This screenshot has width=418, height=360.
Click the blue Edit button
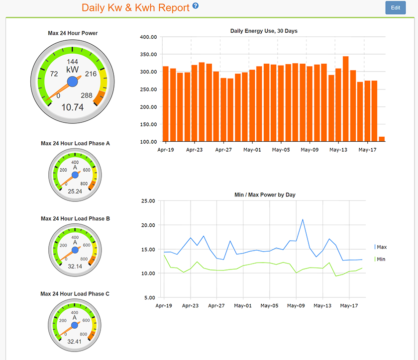point(395,8)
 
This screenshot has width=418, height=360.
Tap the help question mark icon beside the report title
point(196,6)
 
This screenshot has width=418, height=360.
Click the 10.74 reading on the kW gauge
point(72,107)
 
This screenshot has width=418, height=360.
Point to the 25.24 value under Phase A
point(75,191)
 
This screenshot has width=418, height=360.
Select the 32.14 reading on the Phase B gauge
point(75,267)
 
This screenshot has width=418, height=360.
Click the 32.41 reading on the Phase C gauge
point(75,342)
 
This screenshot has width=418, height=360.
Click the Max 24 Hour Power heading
point(73,33)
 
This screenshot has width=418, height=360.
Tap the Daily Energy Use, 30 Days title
point(264,31)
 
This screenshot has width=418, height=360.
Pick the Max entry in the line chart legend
point(381,247)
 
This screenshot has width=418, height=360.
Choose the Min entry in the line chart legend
point(381,259)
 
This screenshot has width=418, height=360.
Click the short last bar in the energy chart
point(382,139)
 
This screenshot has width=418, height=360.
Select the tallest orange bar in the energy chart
point(345,99)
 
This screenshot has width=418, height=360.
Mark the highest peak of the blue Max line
point(303,219)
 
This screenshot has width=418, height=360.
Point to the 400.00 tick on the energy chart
point(149,37)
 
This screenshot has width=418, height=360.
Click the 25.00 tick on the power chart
point(149,201)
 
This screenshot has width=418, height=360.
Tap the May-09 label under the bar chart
point(310,149)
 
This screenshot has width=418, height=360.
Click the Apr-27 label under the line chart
point(216,306)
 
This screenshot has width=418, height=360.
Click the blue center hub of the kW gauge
point(73,81)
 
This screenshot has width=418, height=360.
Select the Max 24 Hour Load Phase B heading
point(75,218)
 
